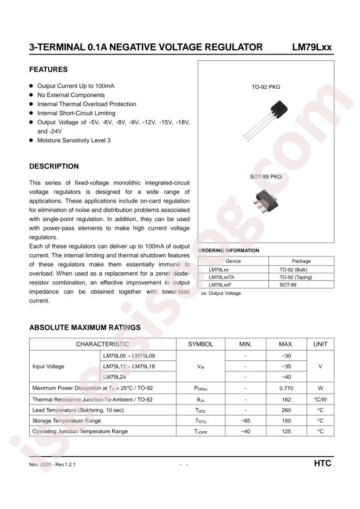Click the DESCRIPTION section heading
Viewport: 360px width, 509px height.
(54, 167)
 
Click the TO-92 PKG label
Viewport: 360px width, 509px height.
(266, 86)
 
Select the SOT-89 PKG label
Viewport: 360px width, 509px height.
(266, 176)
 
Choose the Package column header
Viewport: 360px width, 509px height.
(301, 261)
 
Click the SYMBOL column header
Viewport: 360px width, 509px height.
(200, 344)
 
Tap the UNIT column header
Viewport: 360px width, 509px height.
(321, 344)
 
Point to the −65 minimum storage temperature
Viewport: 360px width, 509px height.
(246, 420)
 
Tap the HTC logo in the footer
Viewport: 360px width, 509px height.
(322, 464)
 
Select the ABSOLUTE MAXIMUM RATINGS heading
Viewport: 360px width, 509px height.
(85, 327)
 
